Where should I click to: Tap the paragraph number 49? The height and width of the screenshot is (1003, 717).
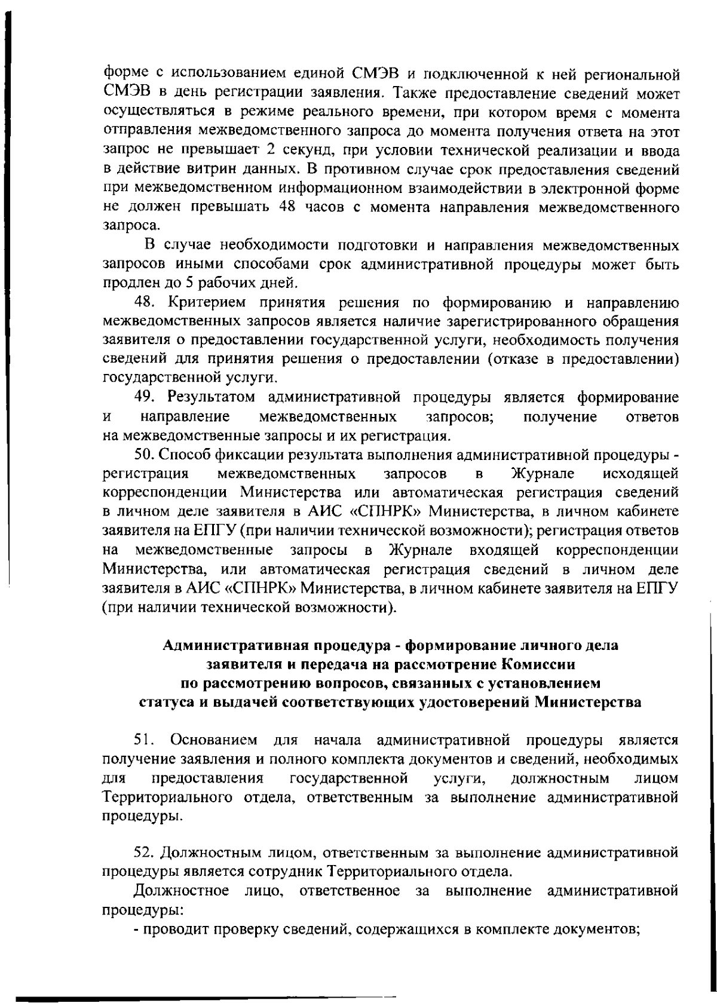coord(146,397)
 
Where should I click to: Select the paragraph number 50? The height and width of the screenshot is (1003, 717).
coord(146,455)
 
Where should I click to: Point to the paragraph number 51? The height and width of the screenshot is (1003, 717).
coord(145,741)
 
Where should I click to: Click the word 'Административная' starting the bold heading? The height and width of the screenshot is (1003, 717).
coord(224,645)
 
